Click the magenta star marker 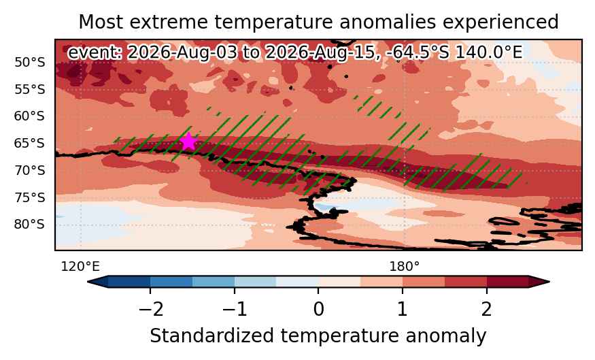(x=188, y=142)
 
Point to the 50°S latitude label (x=30, y=62)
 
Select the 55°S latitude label (x=30, y=89)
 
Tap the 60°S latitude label (x=30, y=116)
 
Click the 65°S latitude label (x=30, y=143)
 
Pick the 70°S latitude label (x=30, y=171)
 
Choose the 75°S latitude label (x=30, y=197)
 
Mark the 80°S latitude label (x=30, y=225)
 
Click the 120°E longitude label (x=80, y=267)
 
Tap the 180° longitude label (x=405, y=267)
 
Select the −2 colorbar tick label (x=151, y=310)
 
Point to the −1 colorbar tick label (x=235, y=310)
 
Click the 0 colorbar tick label (x=319, y=310)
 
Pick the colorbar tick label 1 (x=403, y=310)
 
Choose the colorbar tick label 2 (x=487, y=310)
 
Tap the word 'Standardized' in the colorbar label (x=211, y=336)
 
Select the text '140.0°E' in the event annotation (x=489, y=52)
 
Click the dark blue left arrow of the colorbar (x=98, y=281)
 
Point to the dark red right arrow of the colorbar (x=539, y=281)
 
